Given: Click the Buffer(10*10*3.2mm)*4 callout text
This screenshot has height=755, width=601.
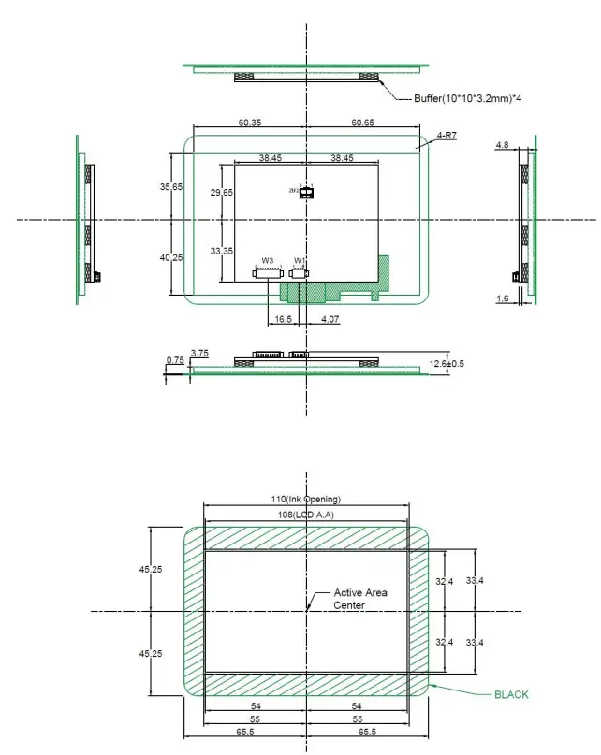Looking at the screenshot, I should pyautogui.click(x=467, y=98).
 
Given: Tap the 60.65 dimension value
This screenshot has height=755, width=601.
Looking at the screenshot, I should pyautogui.click(x=363, y=123).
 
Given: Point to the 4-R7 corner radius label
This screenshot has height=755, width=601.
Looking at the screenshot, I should pyautogui.click(x=447, y=137).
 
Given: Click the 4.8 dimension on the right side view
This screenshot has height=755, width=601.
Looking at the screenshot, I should pyautogui.click(x=502, y=145).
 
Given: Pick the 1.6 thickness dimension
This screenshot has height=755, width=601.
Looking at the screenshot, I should pyautogui.click(x=502, y=298).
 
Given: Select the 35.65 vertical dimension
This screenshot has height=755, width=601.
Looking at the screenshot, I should pyautogui.click(x=171, y=187).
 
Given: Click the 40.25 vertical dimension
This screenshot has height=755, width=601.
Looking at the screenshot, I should pyautogui.click(x=171, y=257).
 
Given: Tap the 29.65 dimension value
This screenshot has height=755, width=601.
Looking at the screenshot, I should pyautogui.click(x=222, y=192).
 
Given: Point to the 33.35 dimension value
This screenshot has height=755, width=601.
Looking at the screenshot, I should pyautogui.click(x=222, y=251).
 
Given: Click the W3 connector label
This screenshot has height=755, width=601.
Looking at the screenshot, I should pyautogui.click(x=267, y=260).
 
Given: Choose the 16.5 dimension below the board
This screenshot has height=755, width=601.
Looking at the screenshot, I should pyautogui.click(x=282, y=320).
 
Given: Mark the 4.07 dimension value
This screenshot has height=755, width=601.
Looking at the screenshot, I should pyautogui.click(x=330, y=320).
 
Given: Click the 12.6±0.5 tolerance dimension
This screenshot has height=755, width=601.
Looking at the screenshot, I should pyautogui.click(x=447, y=363).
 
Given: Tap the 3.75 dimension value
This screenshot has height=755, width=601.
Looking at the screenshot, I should pyautogui.click(x=199, y=353).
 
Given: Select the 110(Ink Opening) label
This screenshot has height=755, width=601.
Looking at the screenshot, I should pyautogui.click(x=306, y=499).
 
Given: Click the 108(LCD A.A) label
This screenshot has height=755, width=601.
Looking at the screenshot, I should pyautogui.click(x=306, y=515).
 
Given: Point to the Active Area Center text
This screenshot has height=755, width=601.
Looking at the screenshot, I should pyautogui.click(x=360, y=599).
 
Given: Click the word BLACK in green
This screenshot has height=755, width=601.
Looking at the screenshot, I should pyautogui.click(x=511, y=694).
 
